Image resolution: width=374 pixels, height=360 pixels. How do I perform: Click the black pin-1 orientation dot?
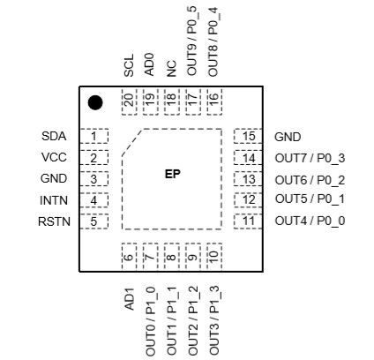(95, 102)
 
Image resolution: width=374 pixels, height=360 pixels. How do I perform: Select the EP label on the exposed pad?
(172, 174)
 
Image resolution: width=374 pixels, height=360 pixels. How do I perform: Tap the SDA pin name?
(54, 136)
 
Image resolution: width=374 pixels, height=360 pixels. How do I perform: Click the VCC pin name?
(54, 157)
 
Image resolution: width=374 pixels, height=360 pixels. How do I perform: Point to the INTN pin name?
(54, 200)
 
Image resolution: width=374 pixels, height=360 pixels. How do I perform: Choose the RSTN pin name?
(54, 221)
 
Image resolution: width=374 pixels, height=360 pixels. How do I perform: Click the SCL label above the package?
(129, 65)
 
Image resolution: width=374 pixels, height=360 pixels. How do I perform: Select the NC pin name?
(171, 69)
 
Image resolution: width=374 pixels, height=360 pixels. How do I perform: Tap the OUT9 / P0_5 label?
(192, 41)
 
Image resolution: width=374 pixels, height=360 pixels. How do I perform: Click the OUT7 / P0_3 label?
(310, 158)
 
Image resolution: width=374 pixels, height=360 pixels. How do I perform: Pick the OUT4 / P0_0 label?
(310, 221)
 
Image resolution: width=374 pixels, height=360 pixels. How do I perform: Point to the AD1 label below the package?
(129, 299)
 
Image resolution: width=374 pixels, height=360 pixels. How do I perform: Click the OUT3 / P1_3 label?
(213, 319)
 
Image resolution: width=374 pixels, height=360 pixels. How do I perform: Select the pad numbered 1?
(94, 136)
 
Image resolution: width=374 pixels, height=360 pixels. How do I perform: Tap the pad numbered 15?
(248, 136)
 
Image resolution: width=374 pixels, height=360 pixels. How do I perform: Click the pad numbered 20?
(130, 101)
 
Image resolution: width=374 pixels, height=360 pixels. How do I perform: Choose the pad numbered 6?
(130, 256)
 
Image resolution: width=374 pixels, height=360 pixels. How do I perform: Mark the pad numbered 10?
(214, 256)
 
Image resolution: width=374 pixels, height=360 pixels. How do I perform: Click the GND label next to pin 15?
(288, 137)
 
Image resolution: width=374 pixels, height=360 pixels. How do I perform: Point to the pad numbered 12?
(248, 200)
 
